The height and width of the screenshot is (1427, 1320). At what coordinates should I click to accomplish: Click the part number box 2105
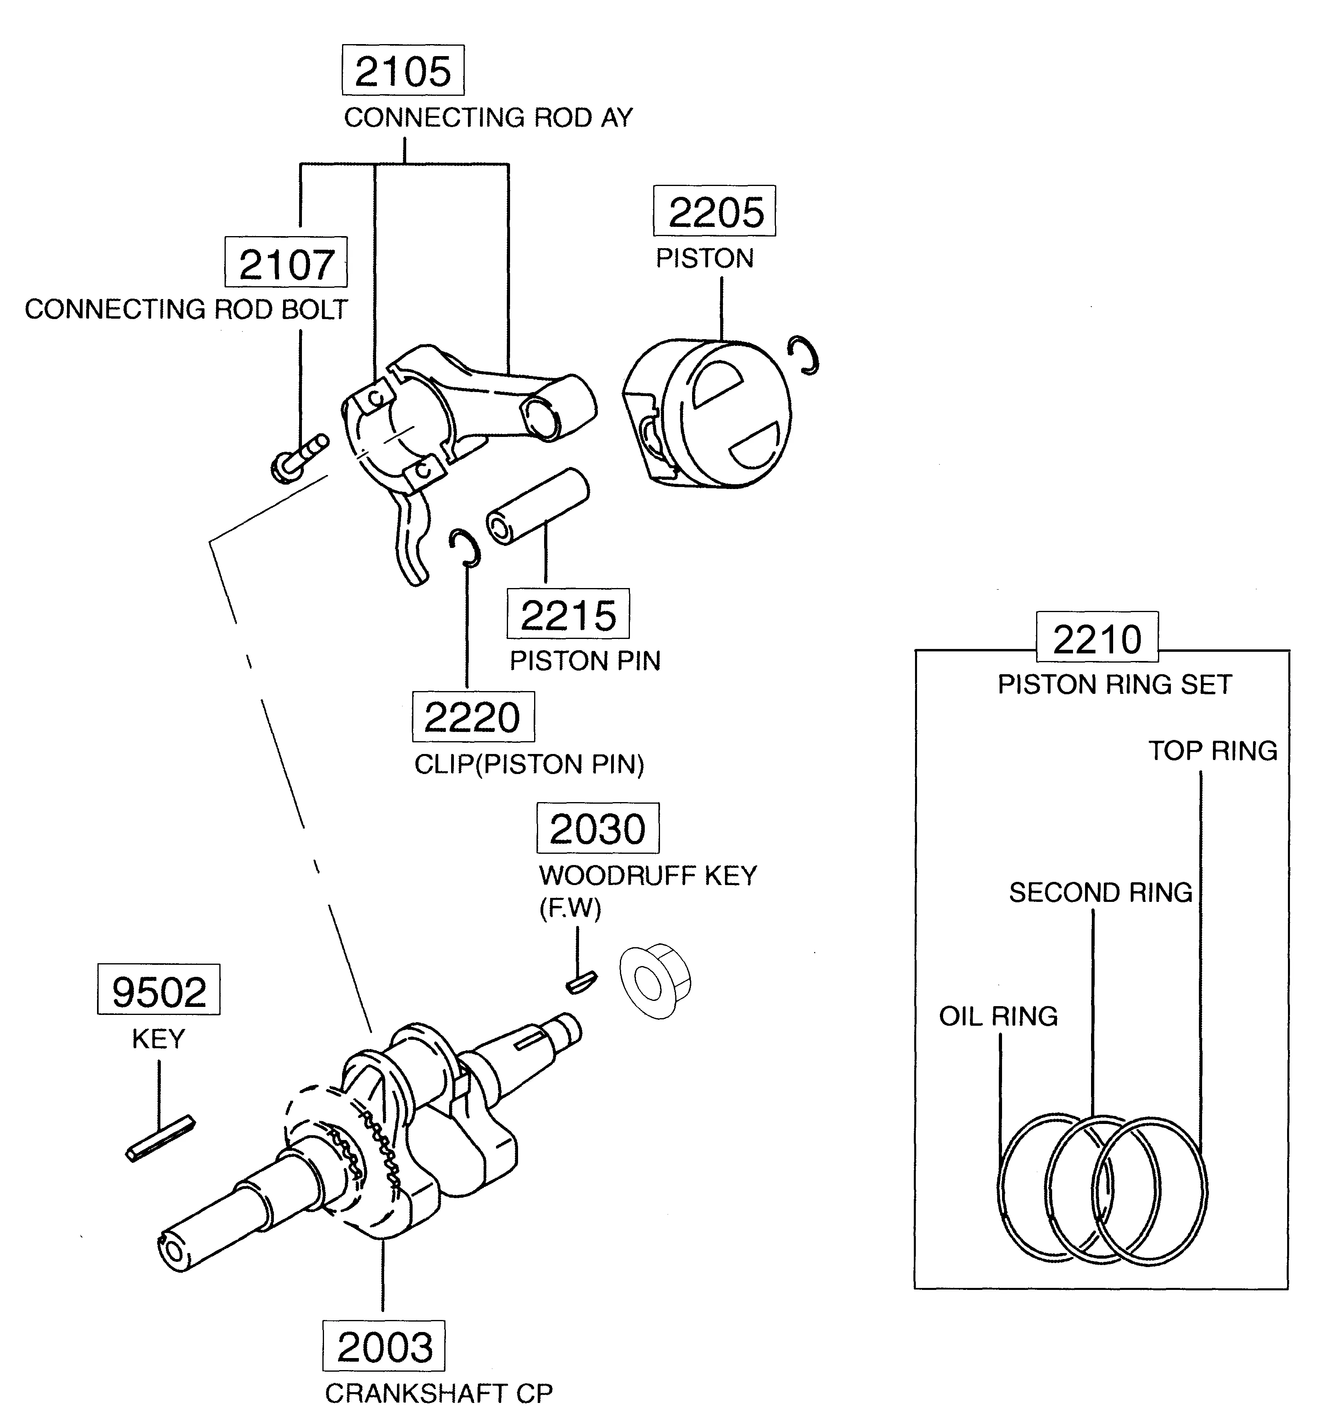coord(403,71)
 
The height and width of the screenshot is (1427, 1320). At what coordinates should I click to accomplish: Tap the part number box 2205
coord(714,211)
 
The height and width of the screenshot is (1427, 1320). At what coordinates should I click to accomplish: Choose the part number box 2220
coord(473,717)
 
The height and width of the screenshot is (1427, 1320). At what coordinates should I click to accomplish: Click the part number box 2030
coord(598,829)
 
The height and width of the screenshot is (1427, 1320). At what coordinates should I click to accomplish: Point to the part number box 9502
coord(158,990)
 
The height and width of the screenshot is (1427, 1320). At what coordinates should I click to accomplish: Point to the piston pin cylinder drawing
coord(538,507)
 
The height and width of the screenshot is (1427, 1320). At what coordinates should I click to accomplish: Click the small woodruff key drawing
coord(581,983)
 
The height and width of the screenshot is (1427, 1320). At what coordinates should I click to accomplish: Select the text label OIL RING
coord(998,1016)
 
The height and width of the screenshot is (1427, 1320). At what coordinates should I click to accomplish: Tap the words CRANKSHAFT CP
coord(439,1393)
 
